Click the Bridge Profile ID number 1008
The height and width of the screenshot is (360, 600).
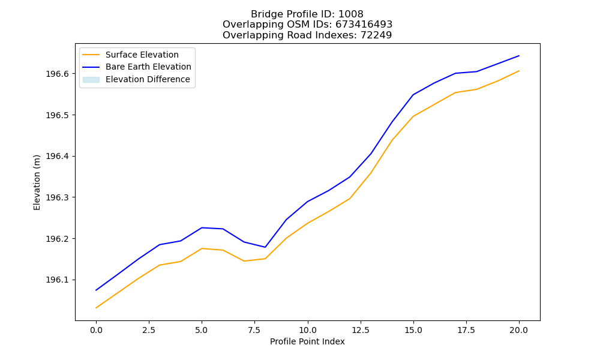coord(351,14)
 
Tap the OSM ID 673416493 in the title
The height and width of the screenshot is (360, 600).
coord(364,25)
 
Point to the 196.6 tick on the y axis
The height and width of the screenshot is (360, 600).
coord(57,74)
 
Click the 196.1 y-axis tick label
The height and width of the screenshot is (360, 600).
coord(57,280)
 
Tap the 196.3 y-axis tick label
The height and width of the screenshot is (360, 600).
coord(57,197)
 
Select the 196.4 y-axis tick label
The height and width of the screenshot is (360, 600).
coord(57,157)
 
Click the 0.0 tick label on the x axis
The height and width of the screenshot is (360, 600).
coord(96,330)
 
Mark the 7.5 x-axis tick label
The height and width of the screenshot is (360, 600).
coord(254,330)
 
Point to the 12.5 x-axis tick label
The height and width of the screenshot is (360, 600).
coord(361,330)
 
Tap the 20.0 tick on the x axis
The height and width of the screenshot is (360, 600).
coord(519,330)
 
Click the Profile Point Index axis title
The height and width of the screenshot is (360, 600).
coord(307,341)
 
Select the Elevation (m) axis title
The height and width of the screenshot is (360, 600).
coord(37,182)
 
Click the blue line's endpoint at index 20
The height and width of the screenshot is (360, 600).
coord(519,56)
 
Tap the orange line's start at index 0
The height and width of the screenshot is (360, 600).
coord(96,308)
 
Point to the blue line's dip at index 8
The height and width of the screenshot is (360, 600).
coord(265,247)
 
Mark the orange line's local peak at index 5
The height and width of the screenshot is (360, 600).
coord(202,248)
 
